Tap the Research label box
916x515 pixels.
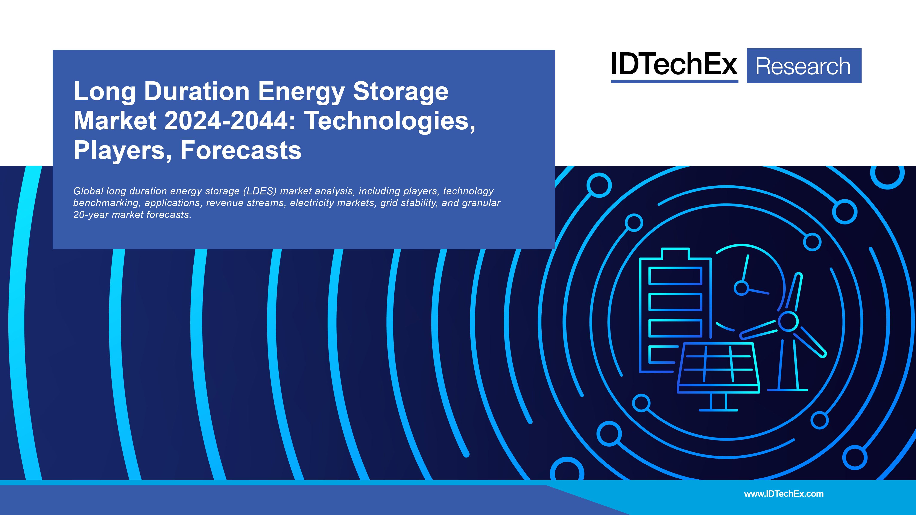click(x=804, y=66)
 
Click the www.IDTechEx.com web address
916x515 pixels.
click(x=784, y=494)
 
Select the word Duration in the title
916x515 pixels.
click(x=197, y=91)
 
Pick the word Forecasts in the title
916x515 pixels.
click(x=241, y=150)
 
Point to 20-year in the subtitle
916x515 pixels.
click(x=91, y=215)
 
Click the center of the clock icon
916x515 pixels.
click(x=741, y=288)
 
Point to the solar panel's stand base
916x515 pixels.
click(x=718, y=410)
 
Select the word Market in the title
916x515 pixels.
click(x=115, y=121)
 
